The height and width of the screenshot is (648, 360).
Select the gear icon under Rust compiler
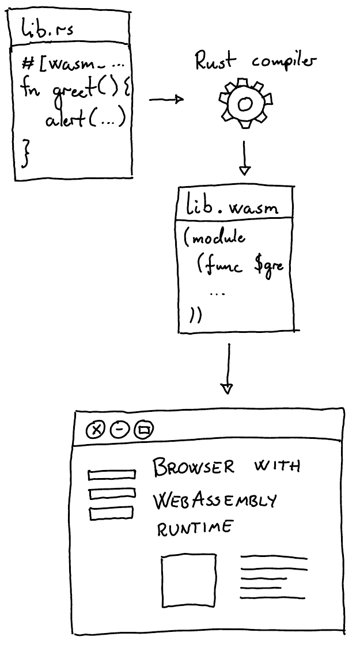point(244,103)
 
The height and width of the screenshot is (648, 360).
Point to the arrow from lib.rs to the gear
point(166,100)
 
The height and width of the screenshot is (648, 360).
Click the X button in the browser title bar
point(96,430)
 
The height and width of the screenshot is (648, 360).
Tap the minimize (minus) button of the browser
point(119,430)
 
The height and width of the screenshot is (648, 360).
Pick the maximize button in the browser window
point(144,430)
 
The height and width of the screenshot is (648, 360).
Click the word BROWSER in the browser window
point(194,467)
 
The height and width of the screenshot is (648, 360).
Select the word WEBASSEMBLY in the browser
point(214,501)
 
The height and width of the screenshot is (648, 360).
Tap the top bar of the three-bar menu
point(112,475)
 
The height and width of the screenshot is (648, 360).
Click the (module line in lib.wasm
point(215,238)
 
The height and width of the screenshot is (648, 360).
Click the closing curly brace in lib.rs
point(25,151)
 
